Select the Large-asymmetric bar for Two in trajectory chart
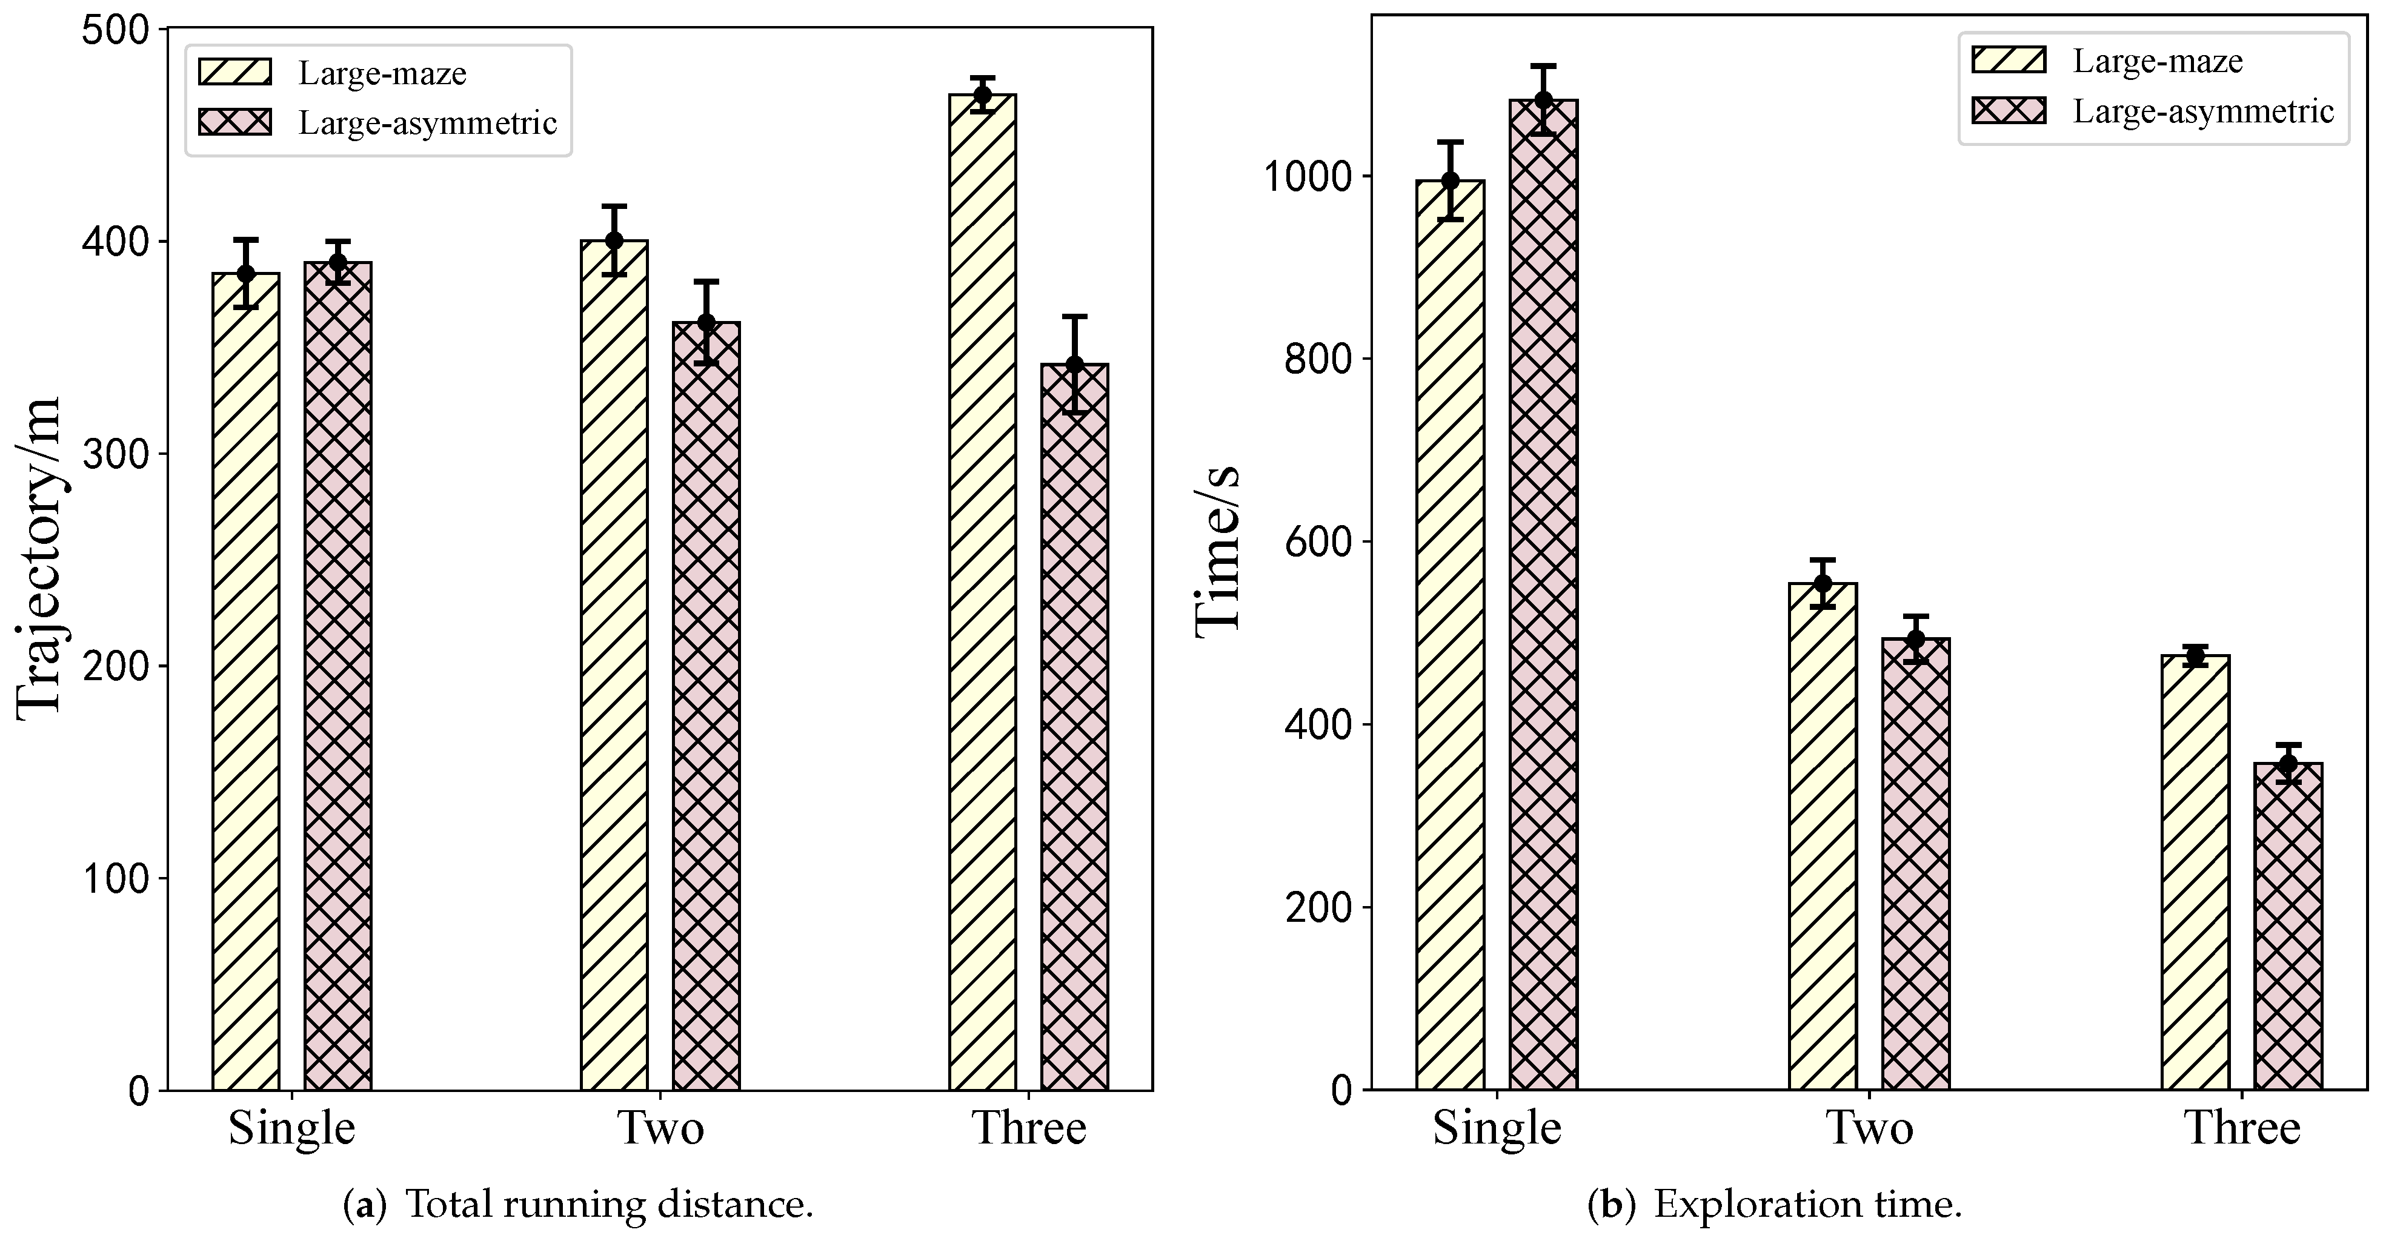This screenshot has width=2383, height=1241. tap(706, 706)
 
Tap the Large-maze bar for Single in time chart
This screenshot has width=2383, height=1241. tap(1449, 635)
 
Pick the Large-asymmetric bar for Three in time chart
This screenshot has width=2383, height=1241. tap(2288, 927)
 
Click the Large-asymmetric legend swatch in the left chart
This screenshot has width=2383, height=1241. tap(235, 122)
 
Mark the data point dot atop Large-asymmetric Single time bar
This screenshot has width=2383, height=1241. tap(1543, 100)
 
